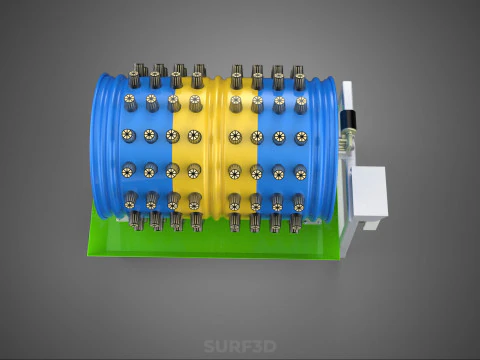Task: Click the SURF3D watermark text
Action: (240, 346)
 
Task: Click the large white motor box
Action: (370, 192)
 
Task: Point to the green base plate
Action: (213, 243)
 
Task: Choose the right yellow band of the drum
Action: (242, 147)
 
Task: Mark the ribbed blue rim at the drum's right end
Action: (325, 148)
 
